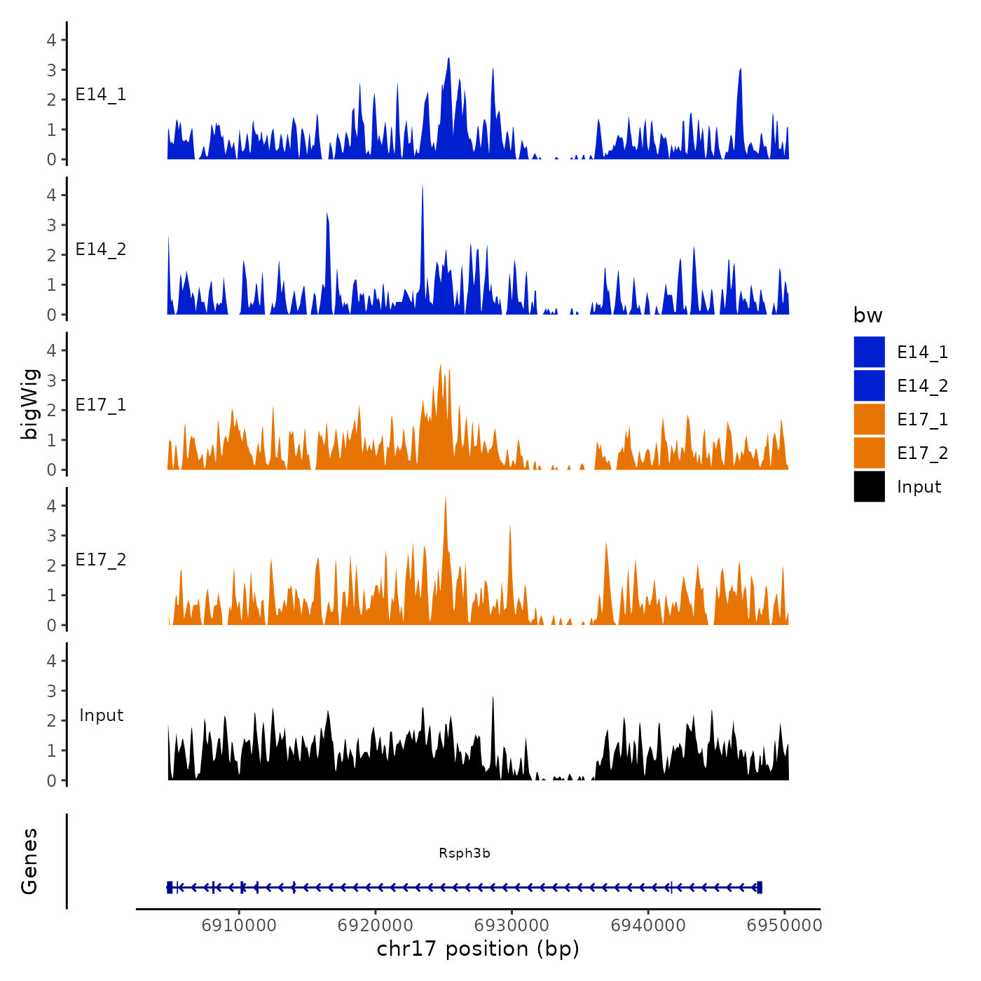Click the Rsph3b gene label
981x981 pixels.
[465, 853]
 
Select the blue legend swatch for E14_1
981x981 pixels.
[869, 352]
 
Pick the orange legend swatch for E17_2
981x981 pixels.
[869, 453]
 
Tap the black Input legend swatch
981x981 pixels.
[869, 486]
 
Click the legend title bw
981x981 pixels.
[867, 315]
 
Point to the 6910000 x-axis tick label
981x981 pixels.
[239, 926]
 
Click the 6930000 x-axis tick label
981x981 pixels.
[512, 926]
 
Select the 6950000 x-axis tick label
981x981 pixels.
[784, 926]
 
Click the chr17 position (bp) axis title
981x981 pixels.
[478, 949]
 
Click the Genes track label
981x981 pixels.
[29, 861]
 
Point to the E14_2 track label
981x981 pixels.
[101, 249]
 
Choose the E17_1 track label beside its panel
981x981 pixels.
[101, 405]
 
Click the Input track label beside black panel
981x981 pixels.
[101, 715]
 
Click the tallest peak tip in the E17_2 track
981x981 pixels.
[446, 498]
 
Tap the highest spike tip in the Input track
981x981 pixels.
[493, 697]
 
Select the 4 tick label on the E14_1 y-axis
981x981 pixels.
[52, 40]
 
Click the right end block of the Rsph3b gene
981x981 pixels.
[760, 888]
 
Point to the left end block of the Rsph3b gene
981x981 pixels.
[170, 888]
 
